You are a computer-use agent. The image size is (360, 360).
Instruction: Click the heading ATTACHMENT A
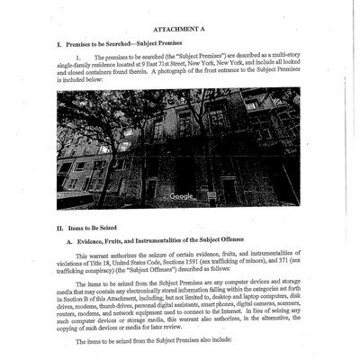coord(180,29)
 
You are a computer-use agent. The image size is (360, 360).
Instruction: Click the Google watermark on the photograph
coord(182,195)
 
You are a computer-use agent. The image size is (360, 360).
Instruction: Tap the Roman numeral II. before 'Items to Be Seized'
coord(60,228)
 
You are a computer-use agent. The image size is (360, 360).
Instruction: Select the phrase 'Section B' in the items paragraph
coord(71,295)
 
